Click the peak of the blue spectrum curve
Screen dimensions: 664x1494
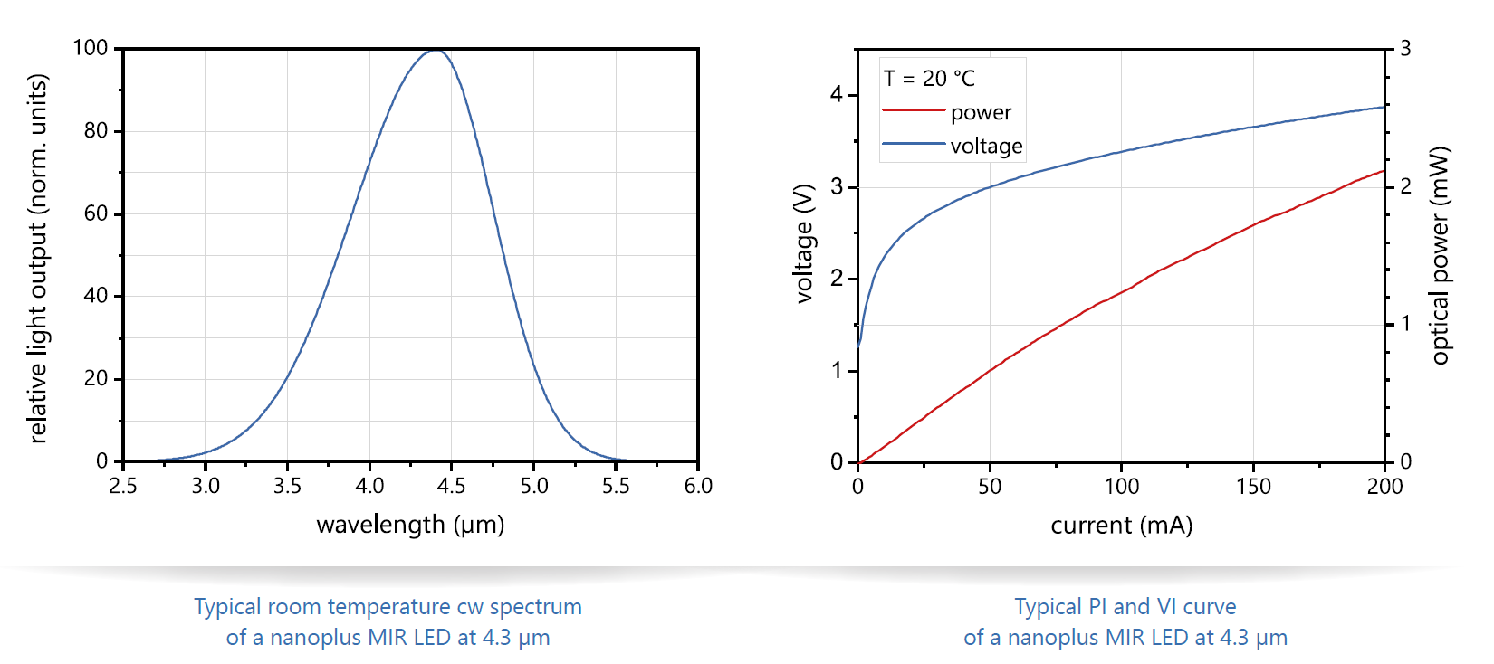[436, 50]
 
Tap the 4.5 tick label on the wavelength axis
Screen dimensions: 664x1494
[451, 486]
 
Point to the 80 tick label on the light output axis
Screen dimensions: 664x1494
[96, 131]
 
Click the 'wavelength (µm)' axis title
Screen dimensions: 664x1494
[410, 525]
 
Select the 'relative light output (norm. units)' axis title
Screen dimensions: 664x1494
[37, 259]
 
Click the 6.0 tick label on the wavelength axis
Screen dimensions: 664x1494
[698, 486]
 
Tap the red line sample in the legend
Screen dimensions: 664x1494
[913, 110]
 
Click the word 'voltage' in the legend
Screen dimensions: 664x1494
[986, 146]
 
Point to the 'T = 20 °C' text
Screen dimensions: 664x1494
[929, 79]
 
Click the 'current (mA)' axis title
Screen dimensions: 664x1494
[1121, 526]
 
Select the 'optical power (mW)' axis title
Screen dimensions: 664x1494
[1440, 255]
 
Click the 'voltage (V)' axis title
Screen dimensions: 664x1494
[804, 243]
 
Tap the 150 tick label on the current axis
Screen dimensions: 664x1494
[1253, 487]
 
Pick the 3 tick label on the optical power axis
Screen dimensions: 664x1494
[1405, 49]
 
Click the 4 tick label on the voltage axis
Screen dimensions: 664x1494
[837, 94]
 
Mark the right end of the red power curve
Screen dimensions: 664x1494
[1384, 171]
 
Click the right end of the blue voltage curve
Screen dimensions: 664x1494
[1384, 108]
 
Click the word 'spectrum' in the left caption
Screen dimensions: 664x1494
[535, 606]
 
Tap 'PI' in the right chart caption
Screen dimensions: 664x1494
[1097, 606]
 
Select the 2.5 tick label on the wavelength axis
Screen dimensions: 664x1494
[123, 486]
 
